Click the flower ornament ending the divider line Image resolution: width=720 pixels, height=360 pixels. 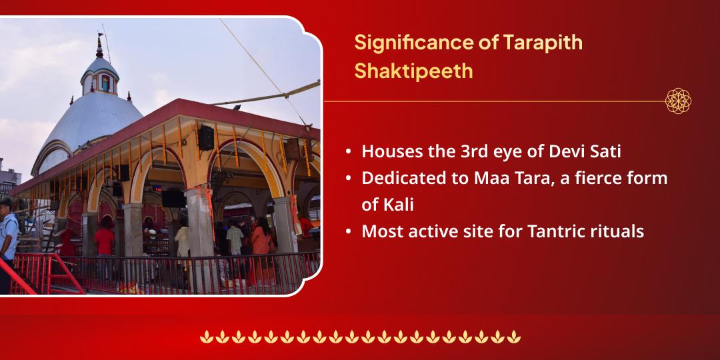[x=678, y=101]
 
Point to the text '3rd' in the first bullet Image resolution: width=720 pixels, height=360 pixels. [x=475, y=151]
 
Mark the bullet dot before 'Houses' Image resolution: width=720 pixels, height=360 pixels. [x=349, y=152]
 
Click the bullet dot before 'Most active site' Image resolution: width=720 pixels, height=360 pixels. [x=349, y=232]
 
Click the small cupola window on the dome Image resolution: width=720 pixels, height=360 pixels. [x=104, y=83]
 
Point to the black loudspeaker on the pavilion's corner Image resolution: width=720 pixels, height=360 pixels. [x=207, y=137]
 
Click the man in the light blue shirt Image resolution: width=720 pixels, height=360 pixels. [x=8, y=233]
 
